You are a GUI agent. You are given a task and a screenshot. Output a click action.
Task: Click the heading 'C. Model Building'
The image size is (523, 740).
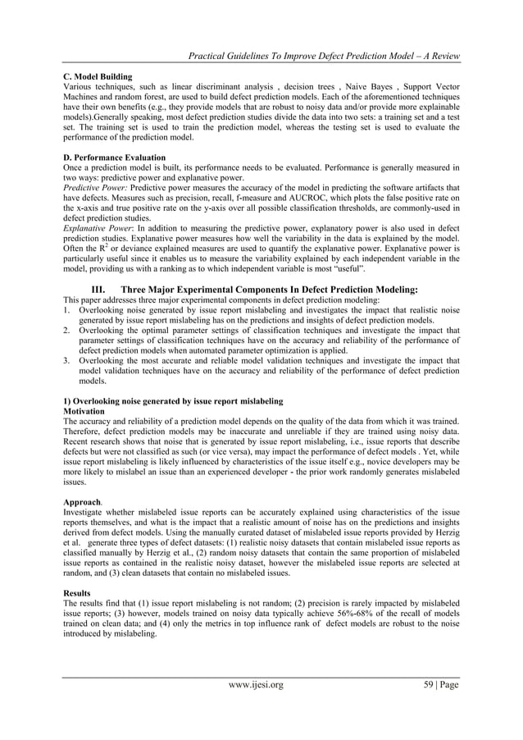98,76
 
